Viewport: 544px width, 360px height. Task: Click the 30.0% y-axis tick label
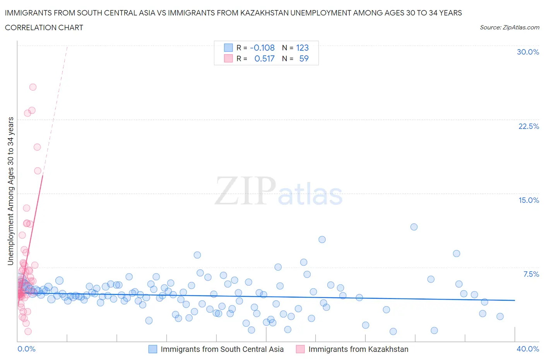528,52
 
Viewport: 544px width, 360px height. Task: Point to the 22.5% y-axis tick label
529,126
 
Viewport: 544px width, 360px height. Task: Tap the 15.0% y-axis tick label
529,200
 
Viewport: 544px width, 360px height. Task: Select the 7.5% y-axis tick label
531,274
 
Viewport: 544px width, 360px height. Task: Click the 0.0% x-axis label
26,349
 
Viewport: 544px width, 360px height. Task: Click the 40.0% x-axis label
528,349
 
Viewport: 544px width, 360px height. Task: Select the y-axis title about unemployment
11,191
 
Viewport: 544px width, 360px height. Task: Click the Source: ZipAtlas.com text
509,27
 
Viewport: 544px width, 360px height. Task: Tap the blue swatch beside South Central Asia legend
153,349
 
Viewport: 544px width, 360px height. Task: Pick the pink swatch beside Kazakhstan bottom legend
300,349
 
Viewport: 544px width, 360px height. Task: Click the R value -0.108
262,48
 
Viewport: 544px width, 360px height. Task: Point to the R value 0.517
264,58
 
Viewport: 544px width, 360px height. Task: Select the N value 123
302,48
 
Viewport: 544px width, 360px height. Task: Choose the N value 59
304,58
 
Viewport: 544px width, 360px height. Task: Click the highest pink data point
33,87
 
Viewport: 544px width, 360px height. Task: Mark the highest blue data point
414,227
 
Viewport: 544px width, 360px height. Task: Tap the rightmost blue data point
500,316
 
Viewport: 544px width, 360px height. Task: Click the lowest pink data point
28,331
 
